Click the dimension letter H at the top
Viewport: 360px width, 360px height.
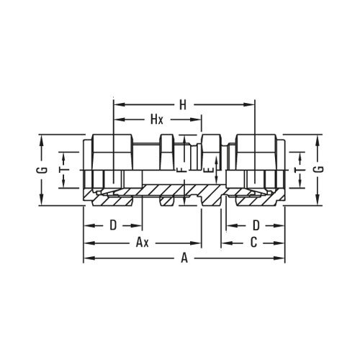coord(184,104)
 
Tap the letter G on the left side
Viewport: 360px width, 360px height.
coord(44,170)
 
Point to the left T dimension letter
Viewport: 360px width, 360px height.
coord(63,166)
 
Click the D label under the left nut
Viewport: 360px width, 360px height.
coord(113,225)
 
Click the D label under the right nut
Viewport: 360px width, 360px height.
coord(256,225)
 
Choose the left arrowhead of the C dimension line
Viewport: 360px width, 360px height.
coord(224,243)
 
